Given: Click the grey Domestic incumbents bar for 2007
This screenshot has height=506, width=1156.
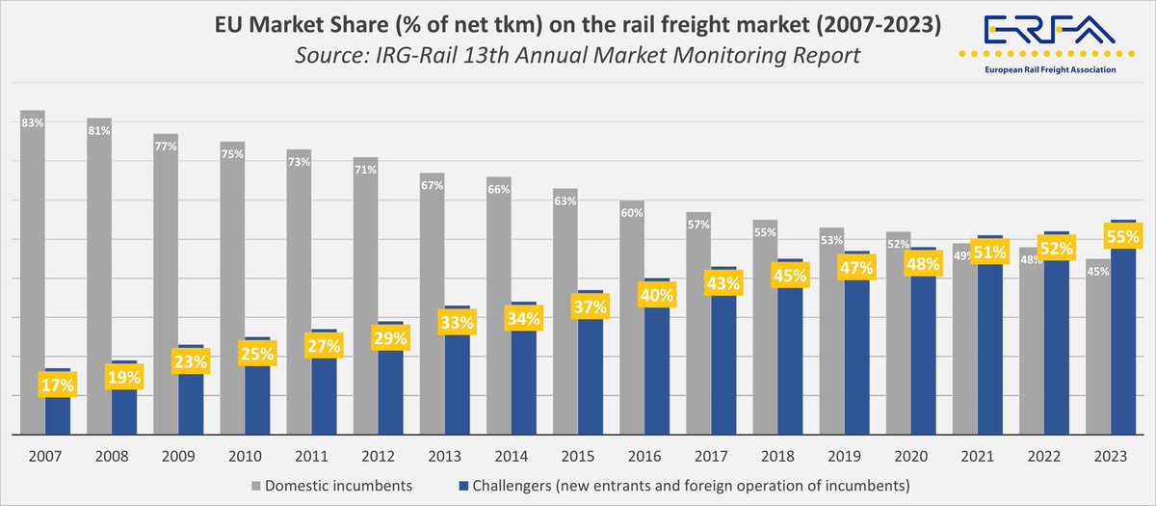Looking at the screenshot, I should pos(32,270).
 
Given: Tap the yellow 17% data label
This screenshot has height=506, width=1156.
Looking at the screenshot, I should pos(57,385).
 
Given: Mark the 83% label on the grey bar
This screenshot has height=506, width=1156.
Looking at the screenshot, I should pos(33,122).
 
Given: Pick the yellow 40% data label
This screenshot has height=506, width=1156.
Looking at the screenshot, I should pos(657,295).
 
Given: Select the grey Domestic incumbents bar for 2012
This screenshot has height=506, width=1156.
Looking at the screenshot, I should pos(364,289).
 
